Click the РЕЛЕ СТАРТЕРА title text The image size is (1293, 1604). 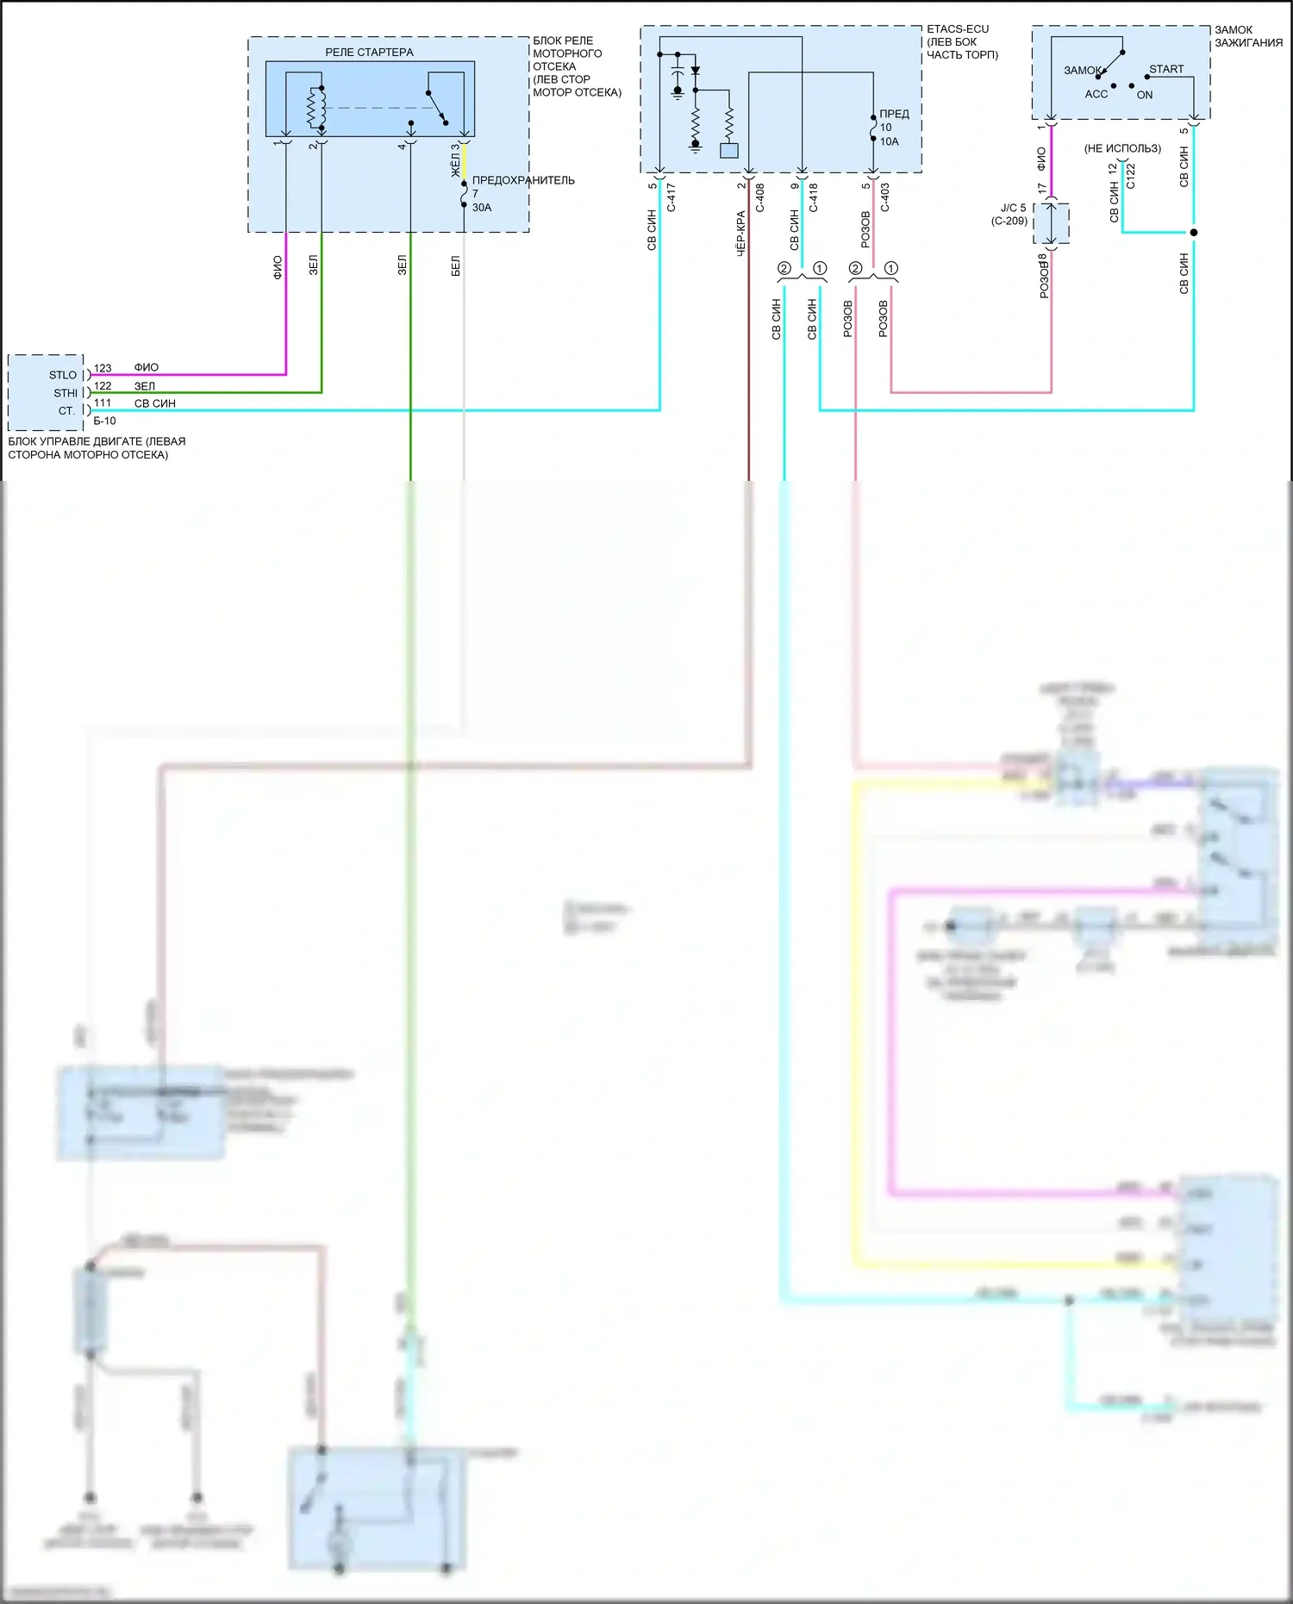369,53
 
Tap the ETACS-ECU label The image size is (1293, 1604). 958,29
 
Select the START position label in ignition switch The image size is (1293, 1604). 1166,69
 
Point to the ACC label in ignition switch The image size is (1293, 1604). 1096,94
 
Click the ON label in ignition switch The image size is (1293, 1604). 1145,95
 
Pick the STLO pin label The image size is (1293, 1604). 63,375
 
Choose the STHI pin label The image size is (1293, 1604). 66,393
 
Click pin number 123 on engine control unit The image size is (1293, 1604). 103,368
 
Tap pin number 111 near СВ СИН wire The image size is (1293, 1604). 103,403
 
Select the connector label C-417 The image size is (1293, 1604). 671,197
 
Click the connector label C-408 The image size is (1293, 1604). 760,197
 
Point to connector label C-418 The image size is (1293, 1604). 814,197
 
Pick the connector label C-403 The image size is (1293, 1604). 885,197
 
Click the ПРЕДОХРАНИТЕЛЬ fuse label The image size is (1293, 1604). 523,180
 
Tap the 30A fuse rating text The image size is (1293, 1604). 482,207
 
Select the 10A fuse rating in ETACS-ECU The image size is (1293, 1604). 889,141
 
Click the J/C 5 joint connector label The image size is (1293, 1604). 1013,208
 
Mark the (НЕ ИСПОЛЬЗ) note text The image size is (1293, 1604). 1122,148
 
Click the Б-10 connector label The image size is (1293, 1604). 104,421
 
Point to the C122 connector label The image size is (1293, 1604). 1131,176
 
